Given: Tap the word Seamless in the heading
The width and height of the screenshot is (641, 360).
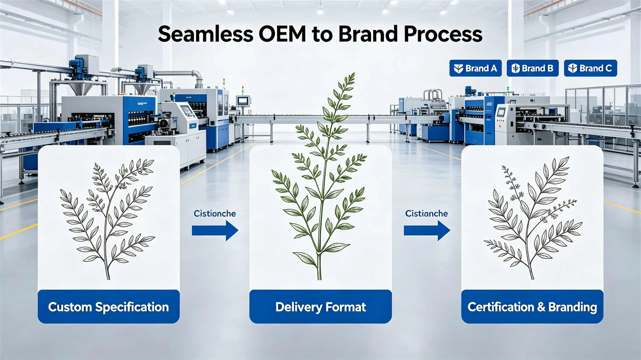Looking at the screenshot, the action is (x=205, y=34).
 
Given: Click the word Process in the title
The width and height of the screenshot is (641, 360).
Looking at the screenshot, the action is (x=443, y=34).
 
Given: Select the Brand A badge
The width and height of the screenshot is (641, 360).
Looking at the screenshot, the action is (x=475, y=68).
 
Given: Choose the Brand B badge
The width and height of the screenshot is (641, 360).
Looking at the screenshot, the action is (x=532, y=68).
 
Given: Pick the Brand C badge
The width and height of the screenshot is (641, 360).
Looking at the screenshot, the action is (x=591, y=68).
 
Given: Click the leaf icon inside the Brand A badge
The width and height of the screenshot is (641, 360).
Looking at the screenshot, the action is (x=458, y=68).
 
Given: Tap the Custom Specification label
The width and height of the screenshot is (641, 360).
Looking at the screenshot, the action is (x=109, y=307).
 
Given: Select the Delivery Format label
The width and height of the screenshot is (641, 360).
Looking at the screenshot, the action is (x=320, y=307).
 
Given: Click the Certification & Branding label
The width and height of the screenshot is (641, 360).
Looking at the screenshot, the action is (x=532, y=307).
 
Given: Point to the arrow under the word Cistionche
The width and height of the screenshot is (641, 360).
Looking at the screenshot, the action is (x=215, y=230).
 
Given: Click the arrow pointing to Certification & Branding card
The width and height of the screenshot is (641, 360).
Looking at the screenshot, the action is (x=427, y=230).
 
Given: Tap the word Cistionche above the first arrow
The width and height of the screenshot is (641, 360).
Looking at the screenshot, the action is (x=215, y=213).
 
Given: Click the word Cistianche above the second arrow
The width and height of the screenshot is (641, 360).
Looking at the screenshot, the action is (x=426, y=213).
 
